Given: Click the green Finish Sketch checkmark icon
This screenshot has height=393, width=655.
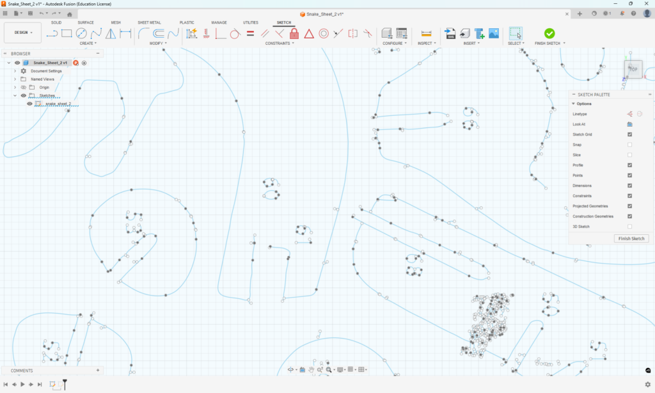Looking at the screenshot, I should point(549,33).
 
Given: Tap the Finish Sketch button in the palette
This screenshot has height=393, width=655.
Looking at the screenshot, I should point(631,238).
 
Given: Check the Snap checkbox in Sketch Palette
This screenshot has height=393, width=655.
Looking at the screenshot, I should point(630,145).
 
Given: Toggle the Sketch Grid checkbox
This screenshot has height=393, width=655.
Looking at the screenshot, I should point(630,134).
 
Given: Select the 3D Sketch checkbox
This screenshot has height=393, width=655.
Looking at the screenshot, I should point(630,227).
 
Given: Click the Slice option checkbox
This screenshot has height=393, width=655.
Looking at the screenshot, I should point(630,155).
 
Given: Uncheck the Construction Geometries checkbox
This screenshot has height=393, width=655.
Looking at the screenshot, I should point(630,216).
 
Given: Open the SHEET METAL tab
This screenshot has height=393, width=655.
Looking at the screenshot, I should point(149,22).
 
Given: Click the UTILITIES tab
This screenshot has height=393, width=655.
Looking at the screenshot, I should point(251,22).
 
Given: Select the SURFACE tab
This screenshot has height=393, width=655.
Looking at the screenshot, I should point(86,22).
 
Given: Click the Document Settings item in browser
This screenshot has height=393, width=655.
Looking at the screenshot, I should point(46,71).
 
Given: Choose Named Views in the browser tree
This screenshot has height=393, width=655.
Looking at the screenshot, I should point(42,79).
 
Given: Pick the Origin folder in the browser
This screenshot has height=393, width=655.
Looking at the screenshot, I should point(44,87).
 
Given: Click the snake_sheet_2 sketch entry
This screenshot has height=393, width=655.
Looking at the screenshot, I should point(58,104).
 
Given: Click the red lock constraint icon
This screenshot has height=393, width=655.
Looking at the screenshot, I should point(294,33).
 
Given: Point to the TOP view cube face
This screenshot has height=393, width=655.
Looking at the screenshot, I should point(633,69).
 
